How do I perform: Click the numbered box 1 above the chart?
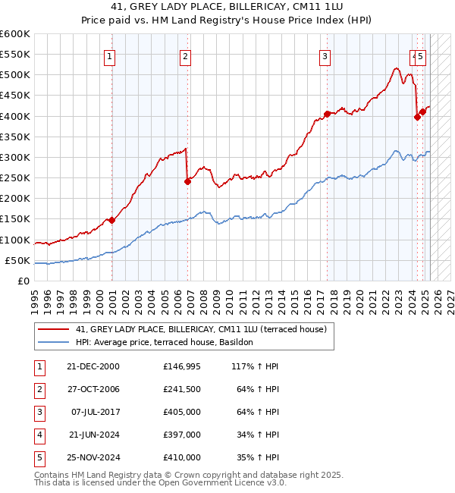[110, 55]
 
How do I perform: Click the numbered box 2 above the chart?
[185, 55]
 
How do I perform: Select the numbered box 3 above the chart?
[325, 55]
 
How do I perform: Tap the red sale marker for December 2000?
[111, 220]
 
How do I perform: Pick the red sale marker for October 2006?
[187, 181]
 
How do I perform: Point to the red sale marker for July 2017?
[327, 114]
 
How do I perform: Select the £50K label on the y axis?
[17, 260]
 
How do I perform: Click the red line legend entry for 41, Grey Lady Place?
[201, 329]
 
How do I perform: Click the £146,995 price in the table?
[182, 366]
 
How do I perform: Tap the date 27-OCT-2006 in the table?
[93, 389]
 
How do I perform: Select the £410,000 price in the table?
[182, 458]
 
